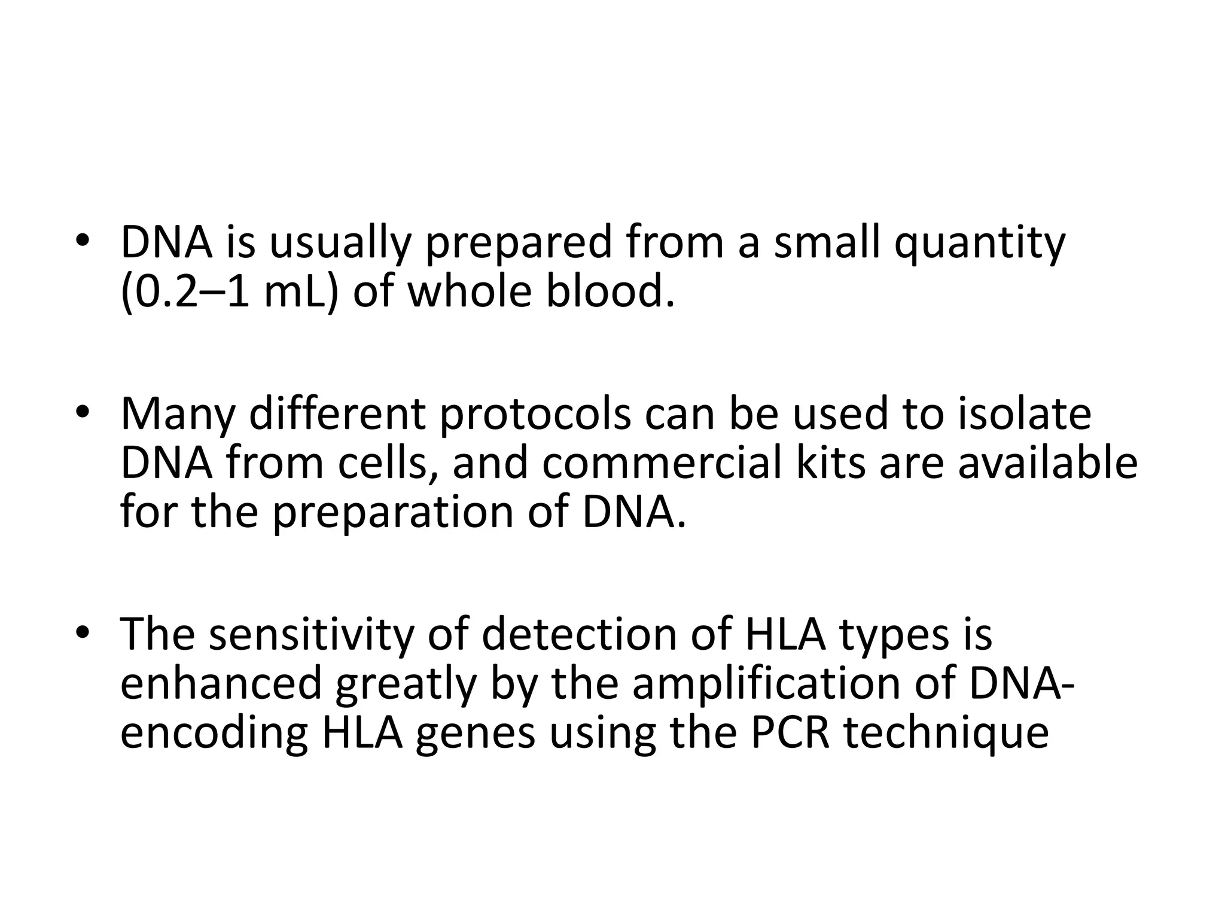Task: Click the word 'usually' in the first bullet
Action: tap(339, 244)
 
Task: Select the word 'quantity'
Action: tap(979, 244)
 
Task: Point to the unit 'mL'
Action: tap(295, 293)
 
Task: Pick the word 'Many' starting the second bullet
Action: tap(176, 414)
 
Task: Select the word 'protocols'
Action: tap(535, 414)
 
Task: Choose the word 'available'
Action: tap(1047, 464)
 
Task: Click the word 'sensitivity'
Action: tap(310, 634)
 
